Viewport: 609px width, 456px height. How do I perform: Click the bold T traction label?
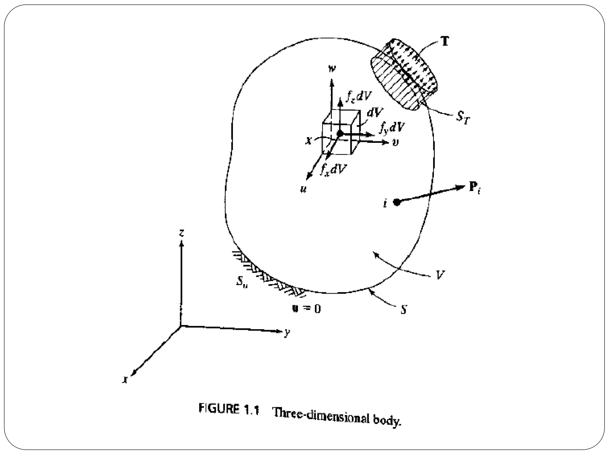coord(445,42)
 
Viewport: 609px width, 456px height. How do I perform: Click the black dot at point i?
coord(396,202)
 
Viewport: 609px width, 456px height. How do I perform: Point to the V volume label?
coord(440,275)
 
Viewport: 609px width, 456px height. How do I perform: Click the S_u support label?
coord(242,281)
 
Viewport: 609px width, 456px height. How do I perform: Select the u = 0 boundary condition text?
coord(306,309)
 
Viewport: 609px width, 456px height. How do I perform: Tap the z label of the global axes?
coord(182,233)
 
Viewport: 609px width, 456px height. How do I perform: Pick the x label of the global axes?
coord(126,379)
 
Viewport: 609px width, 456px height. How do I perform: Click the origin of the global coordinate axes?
coord(181,326)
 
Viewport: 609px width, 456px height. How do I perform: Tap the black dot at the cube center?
coord(340,134)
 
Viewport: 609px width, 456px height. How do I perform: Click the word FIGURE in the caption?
coord(219,409)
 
